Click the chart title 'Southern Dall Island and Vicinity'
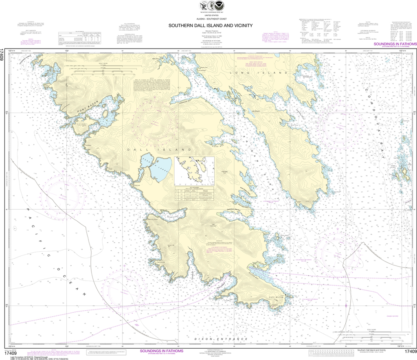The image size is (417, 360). point(211,25)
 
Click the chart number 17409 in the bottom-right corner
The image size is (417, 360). point(410,351)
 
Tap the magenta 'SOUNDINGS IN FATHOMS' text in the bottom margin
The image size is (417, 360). point(161,351)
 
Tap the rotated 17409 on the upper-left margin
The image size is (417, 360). point(3,54)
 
